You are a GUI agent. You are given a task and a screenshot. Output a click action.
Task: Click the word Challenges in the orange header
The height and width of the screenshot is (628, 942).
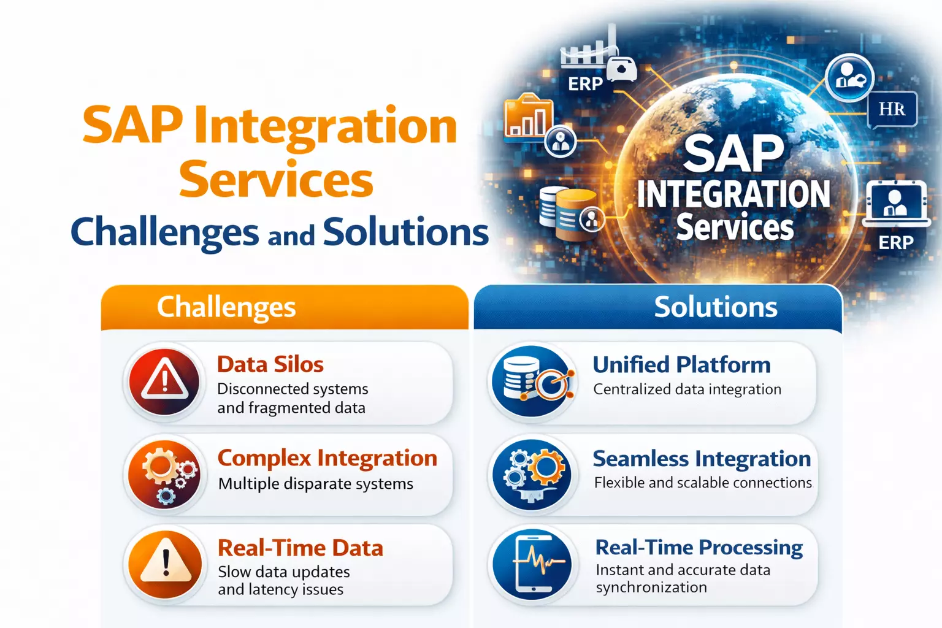226,307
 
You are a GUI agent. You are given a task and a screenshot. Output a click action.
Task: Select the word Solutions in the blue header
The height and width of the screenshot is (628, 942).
715,307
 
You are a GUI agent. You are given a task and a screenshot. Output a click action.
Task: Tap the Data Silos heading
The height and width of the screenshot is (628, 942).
270,364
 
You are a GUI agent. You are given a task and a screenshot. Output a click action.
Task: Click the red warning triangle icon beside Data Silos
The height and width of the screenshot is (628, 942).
164,381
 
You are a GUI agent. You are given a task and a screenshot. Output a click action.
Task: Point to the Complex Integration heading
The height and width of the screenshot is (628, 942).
327,458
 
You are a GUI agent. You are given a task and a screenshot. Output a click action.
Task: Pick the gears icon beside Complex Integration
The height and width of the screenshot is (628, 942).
164,474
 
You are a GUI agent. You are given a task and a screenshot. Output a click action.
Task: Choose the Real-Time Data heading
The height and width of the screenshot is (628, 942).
300,548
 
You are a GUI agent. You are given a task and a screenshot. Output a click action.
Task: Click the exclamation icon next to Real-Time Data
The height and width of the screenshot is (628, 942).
165,564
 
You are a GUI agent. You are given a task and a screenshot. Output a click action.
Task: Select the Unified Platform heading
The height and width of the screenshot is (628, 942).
681,365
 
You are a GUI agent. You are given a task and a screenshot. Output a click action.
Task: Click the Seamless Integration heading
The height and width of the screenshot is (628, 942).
702,459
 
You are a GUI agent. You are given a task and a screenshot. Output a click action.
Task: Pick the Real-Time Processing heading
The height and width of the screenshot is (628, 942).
699,547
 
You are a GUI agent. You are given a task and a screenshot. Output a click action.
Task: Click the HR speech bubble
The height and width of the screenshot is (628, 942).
892,109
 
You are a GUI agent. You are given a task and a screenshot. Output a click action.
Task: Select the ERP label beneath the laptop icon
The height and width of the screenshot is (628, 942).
896,243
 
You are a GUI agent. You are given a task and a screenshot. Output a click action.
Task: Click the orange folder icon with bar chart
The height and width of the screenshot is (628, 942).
527,116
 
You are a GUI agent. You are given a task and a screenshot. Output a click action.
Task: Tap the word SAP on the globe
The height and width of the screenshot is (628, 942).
733,153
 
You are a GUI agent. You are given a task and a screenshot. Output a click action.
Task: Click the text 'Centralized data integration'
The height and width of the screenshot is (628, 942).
687,389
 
